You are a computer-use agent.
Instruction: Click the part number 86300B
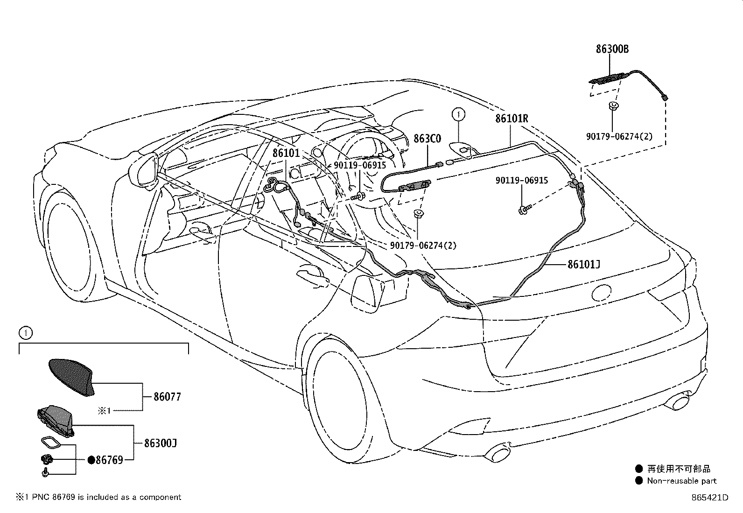tap(612, 49)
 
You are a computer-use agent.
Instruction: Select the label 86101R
tap(512, 119)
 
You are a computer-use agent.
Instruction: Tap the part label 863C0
tap(427, 138)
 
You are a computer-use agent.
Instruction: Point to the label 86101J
tap(584, 265)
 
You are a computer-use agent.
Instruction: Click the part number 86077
tap(167, 396)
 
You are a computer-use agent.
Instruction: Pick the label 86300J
tap(161, 443)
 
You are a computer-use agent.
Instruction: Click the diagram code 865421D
tap(710, 498)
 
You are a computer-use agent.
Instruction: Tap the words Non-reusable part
tap(682, 481)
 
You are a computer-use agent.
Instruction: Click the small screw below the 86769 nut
tap(45, 472)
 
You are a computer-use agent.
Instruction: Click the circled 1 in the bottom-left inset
tap(26, 332)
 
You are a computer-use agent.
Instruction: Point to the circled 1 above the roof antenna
tap(458, 114)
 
